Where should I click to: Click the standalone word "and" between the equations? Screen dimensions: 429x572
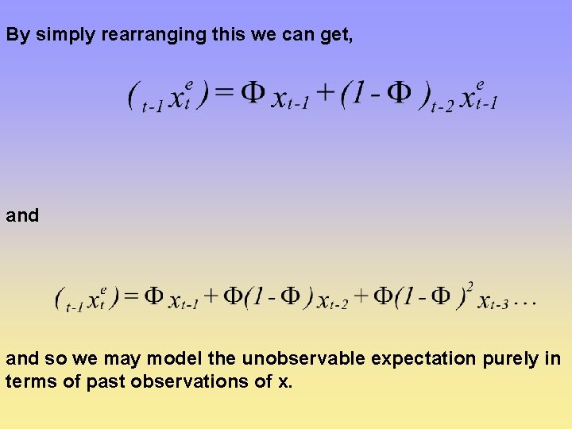[x=22, y=215]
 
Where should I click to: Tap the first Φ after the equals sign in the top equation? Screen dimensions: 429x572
[x=252, y=94]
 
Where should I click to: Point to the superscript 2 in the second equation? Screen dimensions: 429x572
[x=470, y=286]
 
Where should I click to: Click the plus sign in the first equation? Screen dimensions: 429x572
[x=325, y=95]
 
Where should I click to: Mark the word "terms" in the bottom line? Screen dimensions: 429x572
[x=27, y=381]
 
